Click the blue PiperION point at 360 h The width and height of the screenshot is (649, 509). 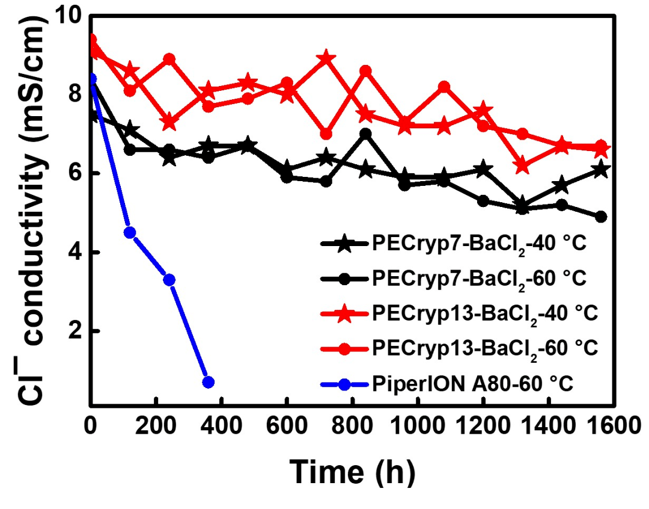pos(209,382)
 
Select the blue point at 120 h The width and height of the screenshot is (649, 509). pos(130,233)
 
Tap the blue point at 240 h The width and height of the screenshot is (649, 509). pos(169,280)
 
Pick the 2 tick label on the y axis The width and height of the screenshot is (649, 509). pos(75,332)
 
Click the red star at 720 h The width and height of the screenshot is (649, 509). pos(326,58)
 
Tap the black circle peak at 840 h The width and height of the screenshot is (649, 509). pos(365,134)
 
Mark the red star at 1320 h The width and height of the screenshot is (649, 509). pos(522,165)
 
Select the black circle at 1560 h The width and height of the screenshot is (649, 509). pos(601,217)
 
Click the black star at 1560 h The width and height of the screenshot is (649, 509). pos(601,170)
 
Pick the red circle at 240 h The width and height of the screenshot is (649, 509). pos(169,59)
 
